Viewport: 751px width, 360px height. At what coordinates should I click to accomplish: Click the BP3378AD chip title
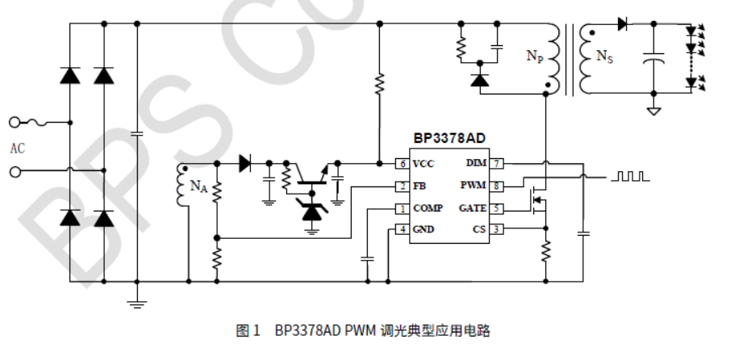point(449,139)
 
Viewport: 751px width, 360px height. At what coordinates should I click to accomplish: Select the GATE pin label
point(473,208)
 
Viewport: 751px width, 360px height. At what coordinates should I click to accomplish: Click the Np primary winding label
point(534,56)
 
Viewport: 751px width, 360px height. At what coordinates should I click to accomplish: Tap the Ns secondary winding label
point(604,56)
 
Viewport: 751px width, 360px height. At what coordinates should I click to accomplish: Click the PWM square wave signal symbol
point(629,175)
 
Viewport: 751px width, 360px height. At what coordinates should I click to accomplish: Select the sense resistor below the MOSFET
point(546,251)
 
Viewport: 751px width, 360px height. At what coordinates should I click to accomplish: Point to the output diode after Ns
point(623,24)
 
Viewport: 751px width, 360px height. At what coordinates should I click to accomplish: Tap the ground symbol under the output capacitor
point(654,111)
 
